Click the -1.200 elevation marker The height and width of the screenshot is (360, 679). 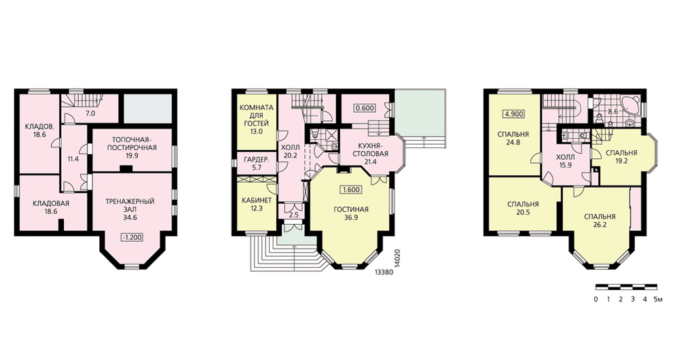(x=132, y=238)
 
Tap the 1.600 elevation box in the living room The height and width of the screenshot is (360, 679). (x=351, y=190)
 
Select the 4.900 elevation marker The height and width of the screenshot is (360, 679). (x=513, y=114)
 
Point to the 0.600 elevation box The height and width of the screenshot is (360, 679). (x=365, y=108)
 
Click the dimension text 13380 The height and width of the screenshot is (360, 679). (x=383, y=272)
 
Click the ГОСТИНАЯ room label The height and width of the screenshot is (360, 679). (x=351, y=210)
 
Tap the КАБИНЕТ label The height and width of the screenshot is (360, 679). (x=257, y=200)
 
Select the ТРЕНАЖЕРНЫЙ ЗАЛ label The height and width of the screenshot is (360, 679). (x=130, y=205)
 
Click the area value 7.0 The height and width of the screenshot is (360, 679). (x=90, y=114)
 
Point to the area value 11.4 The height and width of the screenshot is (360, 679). (x=74, y=158)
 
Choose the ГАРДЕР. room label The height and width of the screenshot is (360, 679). (x=257, y=160)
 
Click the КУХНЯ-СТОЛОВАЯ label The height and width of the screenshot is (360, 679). (x=370, y=150)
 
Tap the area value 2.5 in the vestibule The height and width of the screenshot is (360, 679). (x=293, y=215)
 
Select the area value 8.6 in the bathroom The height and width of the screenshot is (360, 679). (x=613, y=111)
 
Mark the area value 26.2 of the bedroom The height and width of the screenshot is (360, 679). (x=600, y=226)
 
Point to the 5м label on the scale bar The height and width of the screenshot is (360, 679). (x=658, y=300)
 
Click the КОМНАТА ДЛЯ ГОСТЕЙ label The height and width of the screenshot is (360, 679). (x=257, y=120)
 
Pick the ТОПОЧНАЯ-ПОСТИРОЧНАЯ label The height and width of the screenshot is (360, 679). (x=134, y=144)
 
